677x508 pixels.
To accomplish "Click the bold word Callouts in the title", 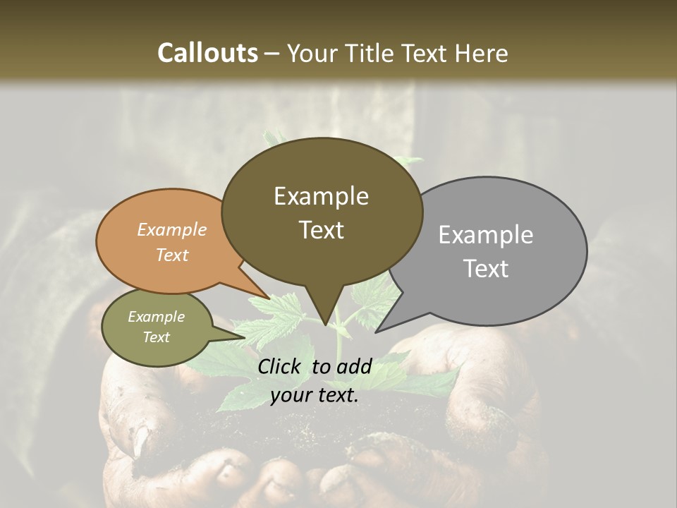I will click(x=207, y=53).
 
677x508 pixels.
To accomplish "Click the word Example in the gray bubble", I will click(x=485, y=235).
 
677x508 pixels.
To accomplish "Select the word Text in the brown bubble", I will click(x=322, y=230).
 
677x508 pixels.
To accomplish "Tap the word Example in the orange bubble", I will click(x=172, y=230).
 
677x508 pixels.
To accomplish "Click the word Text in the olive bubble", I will click(x=157, y=337).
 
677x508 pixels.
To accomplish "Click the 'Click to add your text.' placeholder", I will click(x=315, y=381).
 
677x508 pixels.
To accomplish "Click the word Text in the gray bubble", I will click(x=487, y=269).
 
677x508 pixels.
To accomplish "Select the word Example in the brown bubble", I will click(x=322, y=196).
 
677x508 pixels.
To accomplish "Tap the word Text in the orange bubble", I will click(x=172, y=255).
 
